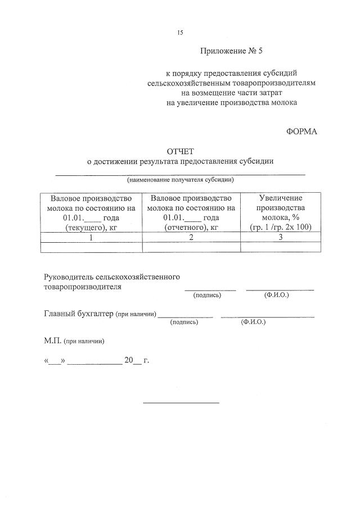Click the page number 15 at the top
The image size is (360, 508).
tap(180, 33)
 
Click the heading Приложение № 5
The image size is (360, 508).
tap(232, 51)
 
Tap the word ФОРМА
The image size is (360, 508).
tap(302, 131)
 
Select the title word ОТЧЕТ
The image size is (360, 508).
tap(180, 151)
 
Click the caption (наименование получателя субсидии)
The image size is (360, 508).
tap(180, 180)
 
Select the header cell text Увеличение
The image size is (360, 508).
tap(281, 198)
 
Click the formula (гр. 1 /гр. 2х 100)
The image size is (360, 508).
tap(281, 228)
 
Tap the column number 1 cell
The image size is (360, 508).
tap(91, 237)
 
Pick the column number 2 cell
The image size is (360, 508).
tap(191, 237)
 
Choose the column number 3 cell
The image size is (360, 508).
tap(281, 237)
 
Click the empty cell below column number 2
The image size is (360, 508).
tap(191, 247)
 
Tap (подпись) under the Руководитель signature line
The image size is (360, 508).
tap(207, 294)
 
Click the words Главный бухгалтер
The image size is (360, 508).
tap(78, 314)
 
